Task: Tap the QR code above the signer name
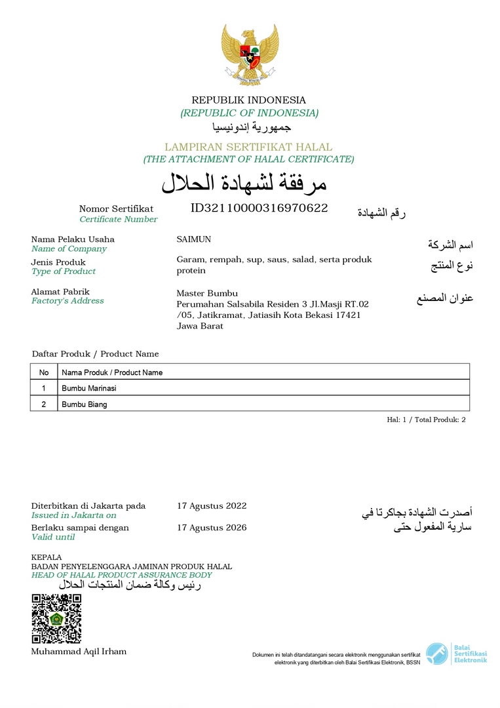(x=56, y=618)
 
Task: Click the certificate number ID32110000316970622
(x=259, y=208)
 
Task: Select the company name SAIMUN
(x=194, y=239)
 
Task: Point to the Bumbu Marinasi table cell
(x=88, y=388)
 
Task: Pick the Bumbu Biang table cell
(x=85, y=404)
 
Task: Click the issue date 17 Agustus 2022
(x=212, y=505)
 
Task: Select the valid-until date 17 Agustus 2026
(x=212, y=528)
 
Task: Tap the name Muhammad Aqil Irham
(x=79, y=652)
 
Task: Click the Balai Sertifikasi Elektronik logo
(x=456, y=654)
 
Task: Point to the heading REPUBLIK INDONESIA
(x=248, y=100)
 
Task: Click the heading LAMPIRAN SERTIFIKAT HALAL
(x=248, y=147)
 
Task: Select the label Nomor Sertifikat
(x=116, y=209)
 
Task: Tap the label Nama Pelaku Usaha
(x=73, y=239)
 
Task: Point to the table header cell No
(x=44, y=372)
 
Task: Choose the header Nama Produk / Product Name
(x=112, y=372)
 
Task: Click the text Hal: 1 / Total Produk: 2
(x=426, y=420)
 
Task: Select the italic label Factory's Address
(x=67, y=301)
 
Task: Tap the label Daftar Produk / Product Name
(x=95, y=354)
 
